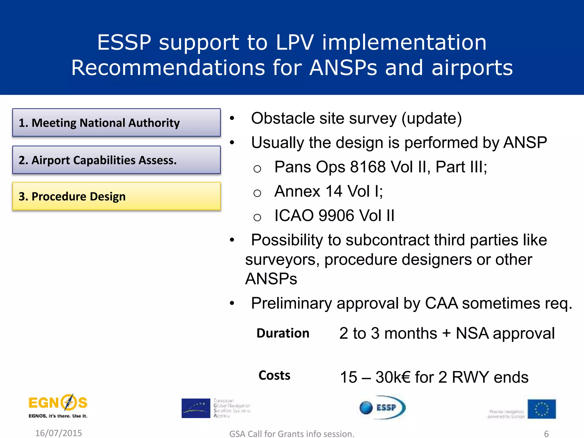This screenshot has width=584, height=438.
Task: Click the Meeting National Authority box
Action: [116, 123]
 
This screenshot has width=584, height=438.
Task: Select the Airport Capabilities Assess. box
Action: [116, 160]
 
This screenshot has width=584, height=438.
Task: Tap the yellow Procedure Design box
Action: [116, 196]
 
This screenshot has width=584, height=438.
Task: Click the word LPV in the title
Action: [294, 42]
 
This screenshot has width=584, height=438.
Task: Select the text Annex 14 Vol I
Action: [328, 191]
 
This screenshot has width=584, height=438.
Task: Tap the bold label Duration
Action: [283, 333]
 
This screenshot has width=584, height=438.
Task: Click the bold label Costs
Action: [274, 375]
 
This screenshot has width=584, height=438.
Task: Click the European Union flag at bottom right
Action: [542, 409]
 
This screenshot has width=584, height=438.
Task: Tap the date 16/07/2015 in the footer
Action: [58, 433]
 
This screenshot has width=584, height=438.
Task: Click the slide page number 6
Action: [546, 434]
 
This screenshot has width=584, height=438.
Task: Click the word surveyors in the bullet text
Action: [282, 260]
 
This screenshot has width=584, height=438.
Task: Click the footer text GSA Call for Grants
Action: [291, 434]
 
